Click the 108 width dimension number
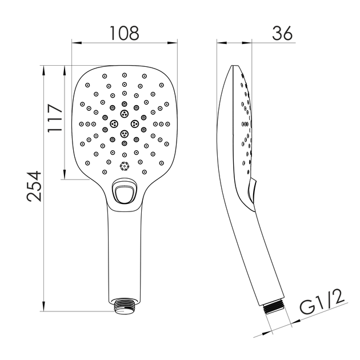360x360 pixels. pos(125,34)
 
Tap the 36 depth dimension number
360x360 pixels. pos(282,34)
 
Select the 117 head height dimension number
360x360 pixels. pos(55,118)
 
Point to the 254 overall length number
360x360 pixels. pos(34,186)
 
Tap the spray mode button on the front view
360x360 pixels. pos(124,192)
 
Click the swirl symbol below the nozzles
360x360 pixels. pos(125,166)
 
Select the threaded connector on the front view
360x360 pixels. pos(125,306)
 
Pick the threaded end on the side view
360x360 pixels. pos(274,307)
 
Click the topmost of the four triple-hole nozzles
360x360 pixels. pos(125,113)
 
